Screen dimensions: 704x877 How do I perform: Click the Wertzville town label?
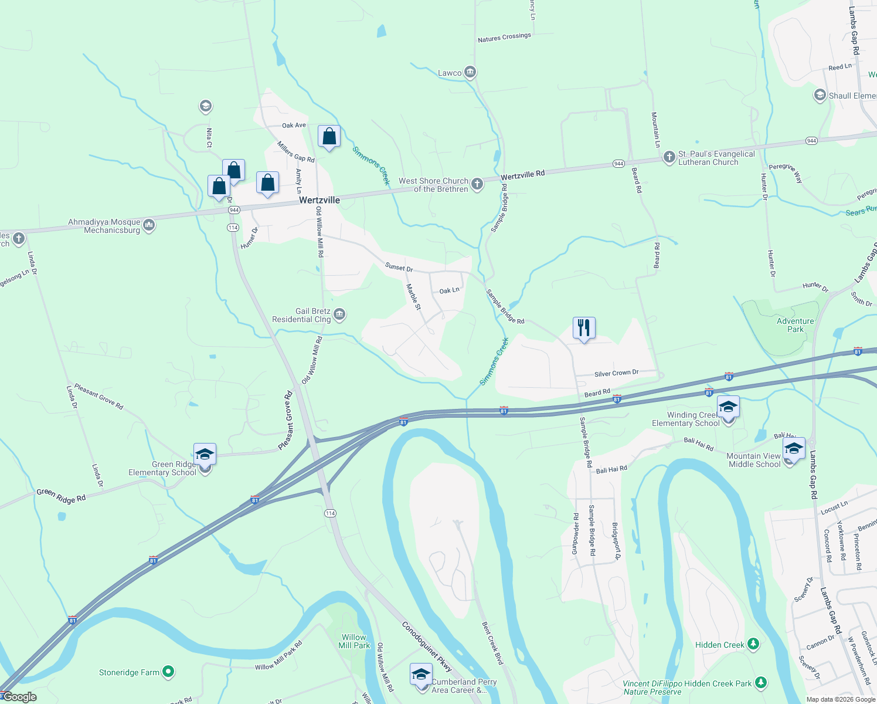(x=319, y=200)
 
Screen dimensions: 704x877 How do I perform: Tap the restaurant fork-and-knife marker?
(x=584, y=328)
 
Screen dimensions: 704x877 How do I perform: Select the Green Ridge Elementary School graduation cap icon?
(x=205, y=455)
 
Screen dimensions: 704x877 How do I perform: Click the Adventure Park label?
(x=795, y=325)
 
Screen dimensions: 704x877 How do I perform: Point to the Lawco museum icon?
(x=470, y=72)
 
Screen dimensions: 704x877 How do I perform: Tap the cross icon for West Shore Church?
(x=477, y=184)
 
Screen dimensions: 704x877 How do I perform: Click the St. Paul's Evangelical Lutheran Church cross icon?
(x=669, y=157)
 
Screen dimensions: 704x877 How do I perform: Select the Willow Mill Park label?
(x=354, y=641)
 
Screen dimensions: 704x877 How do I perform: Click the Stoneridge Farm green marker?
(x=168, y=671)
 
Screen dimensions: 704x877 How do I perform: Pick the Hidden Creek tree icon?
(x=753, y=644)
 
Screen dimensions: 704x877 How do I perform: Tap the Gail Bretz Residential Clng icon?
(x=339, y=315)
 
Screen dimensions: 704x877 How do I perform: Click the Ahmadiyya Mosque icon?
(x=149, y=225)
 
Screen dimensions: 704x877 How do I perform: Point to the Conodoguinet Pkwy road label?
(x=427, y=647)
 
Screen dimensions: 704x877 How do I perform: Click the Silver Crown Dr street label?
(x=616, y=373)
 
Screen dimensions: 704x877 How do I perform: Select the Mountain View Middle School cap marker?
(x=794, y=449)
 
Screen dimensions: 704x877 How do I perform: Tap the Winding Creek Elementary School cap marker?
(x=728, y=407)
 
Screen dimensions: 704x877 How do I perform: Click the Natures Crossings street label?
(x=504, y=38)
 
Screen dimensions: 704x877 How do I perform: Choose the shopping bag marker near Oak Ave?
(x=329, y=137)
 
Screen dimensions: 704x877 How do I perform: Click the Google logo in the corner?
(x=20, y=697)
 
